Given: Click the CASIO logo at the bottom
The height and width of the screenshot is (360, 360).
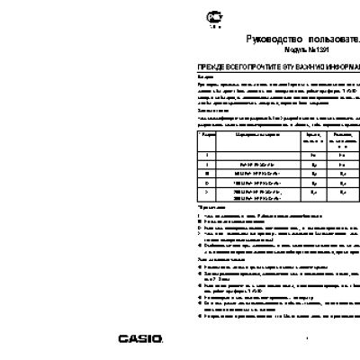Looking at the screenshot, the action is click(140, 338).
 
